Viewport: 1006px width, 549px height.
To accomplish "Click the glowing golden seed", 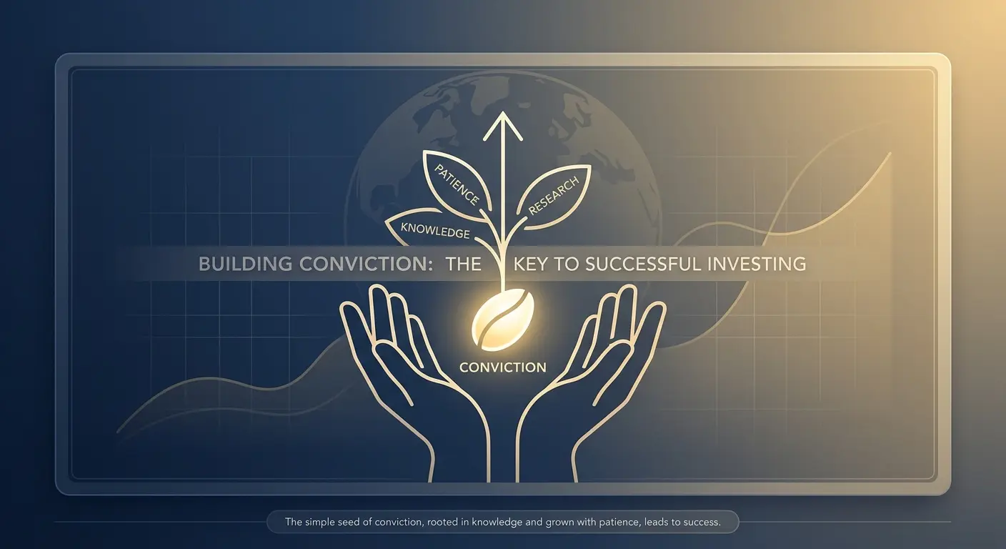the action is point(503,320).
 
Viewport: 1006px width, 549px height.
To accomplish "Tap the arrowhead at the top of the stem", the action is point(503,126).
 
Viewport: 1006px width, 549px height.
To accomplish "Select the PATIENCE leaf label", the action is point(457,185).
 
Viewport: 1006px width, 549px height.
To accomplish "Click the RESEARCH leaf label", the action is point(553,196).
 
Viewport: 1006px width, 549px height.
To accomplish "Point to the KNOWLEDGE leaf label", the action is point(435,230).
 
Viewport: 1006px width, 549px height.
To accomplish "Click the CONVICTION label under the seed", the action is point(503,367).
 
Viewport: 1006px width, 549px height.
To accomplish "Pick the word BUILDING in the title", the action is point(246,264).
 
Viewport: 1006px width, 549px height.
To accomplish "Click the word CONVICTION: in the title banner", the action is point(366,264).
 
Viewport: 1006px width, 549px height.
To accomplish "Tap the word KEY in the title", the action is point(531,264).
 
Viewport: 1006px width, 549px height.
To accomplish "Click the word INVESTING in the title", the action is point(757,264).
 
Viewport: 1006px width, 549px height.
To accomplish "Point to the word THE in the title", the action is point(464,264).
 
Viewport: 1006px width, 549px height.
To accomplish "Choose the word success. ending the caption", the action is point(702,522).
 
